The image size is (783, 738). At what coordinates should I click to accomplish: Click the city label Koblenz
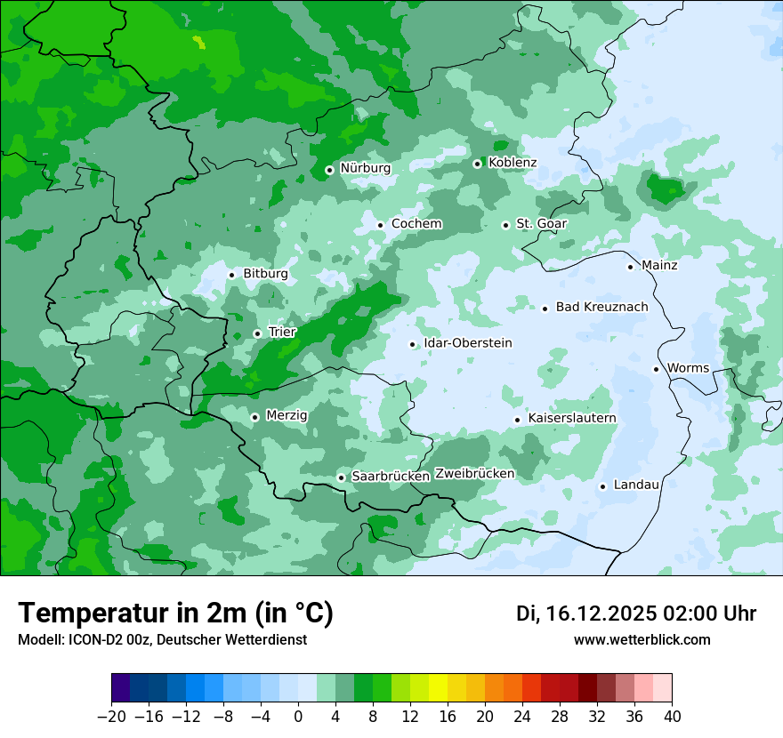513,163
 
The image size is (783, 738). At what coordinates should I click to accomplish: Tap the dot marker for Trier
257,333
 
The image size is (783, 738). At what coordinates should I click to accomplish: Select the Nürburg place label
365,168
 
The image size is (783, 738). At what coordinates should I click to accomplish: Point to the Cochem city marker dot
380,225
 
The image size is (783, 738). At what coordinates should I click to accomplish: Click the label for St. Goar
541,224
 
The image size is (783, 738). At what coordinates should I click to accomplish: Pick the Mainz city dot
630,267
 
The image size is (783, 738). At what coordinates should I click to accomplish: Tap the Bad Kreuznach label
601,308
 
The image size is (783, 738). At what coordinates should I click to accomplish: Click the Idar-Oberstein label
468,343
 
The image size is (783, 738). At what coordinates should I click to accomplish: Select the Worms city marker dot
656,369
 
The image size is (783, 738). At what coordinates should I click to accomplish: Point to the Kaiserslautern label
571,419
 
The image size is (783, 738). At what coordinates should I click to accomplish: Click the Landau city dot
602,486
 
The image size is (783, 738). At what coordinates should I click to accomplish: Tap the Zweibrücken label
474,474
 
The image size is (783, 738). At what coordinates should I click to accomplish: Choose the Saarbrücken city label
391,477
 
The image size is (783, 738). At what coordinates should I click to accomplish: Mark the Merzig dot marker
254,417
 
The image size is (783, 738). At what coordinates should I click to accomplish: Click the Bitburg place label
265,274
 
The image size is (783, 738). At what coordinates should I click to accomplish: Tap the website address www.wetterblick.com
642,640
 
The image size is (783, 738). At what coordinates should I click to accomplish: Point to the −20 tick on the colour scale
111,716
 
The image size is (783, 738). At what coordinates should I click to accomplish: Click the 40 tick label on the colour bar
672,716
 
